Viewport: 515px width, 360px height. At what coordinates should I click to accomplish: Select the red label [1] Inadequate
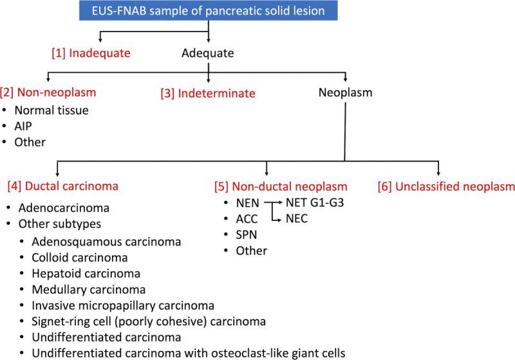(91, 53)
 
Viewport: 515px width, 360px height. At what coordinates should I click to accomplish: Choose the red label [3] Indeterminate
(208, 93)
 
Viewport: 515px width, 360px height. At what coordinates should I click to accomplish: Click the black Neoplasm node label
(346, 93)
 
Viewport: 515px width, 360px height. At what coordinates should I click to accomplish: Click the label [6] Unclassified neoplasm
(446, 187)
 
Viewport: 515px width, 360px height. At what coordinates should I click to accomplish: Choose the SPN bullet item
(246, 235)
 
